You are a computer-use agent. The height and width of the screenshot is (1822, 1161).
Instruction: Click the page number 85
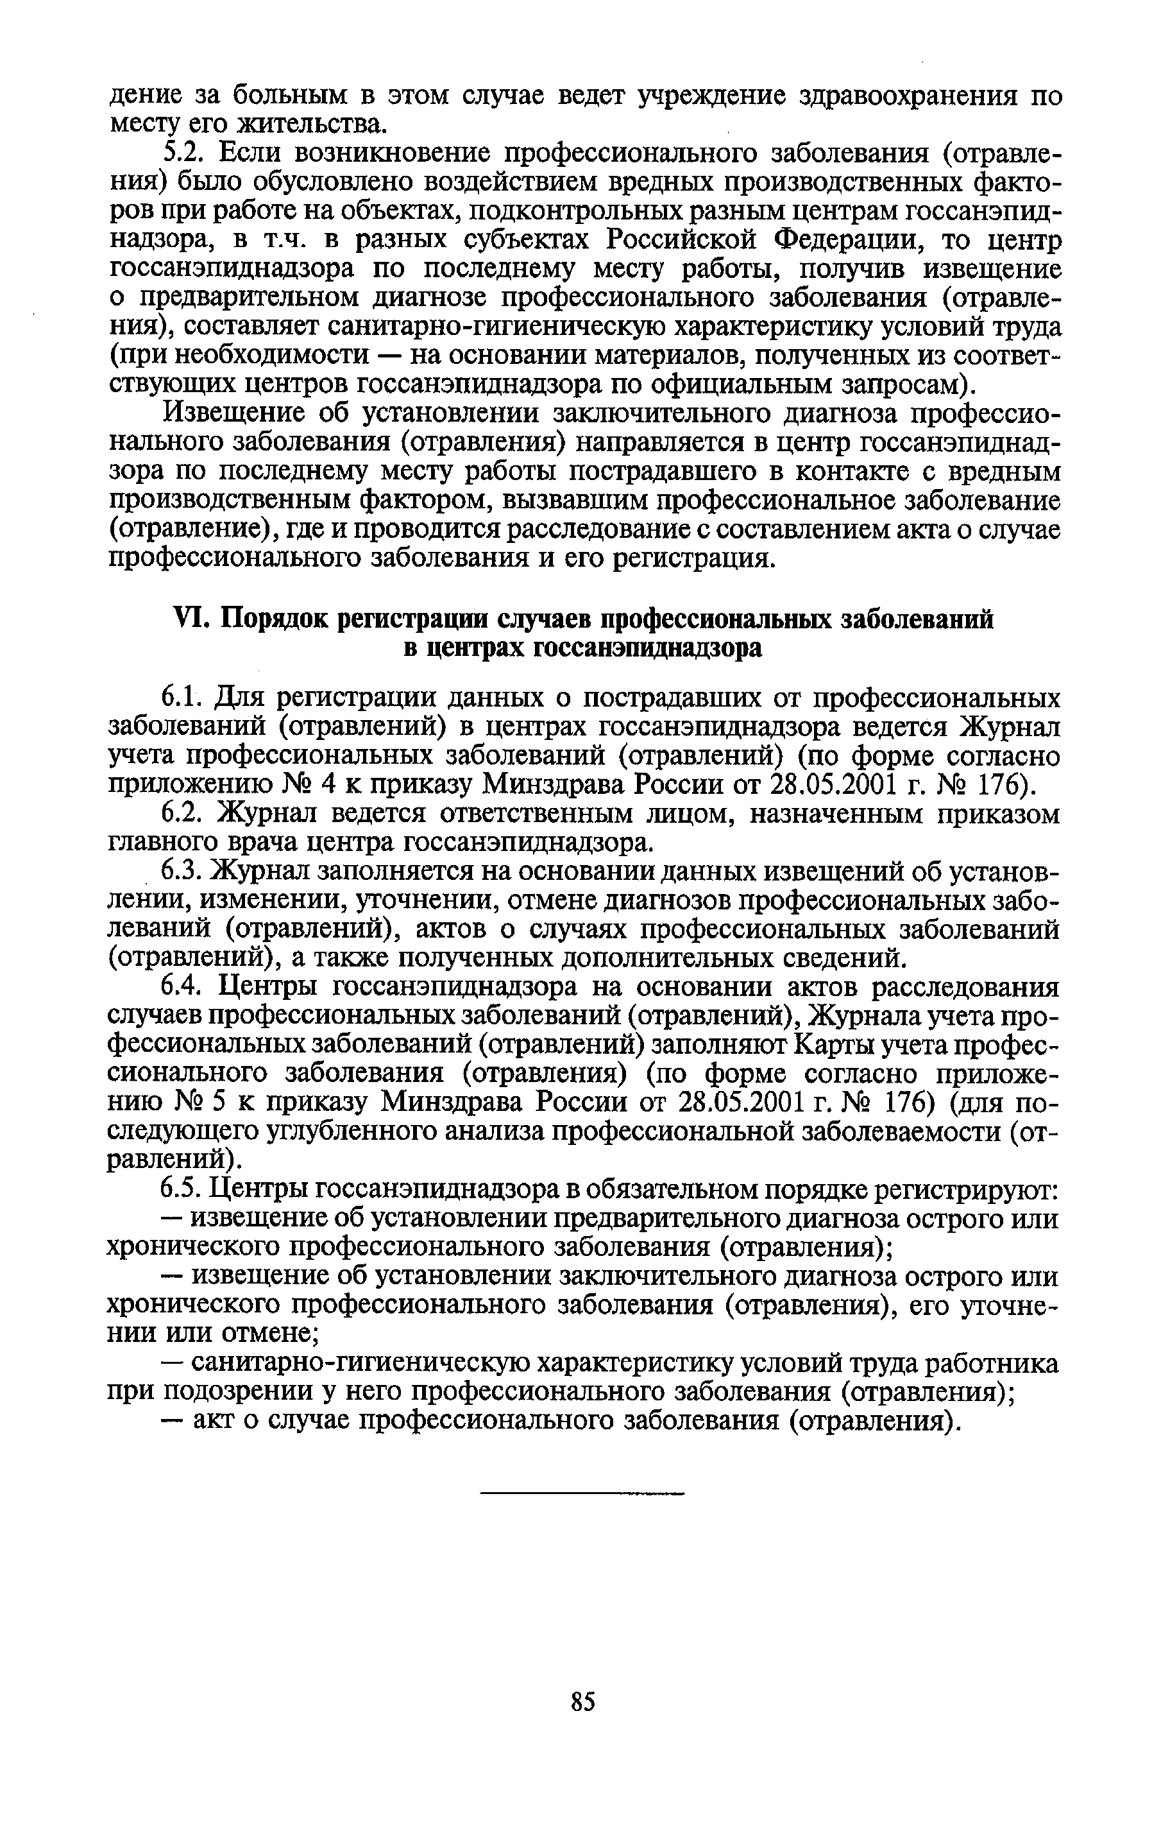pyautogui.click(x=582, y=1703)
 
